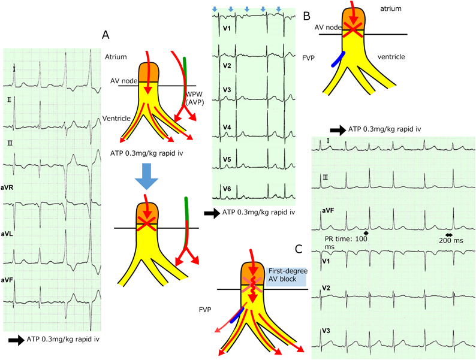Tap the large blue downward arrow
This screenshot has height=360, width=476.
[146, 177]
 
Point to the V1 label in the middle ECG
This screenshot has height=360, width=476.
[227, 28]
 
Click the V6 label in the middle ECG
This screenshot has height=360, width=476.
[227, 189]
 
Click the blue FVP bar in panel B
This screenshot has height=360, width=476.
[336, 59]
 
